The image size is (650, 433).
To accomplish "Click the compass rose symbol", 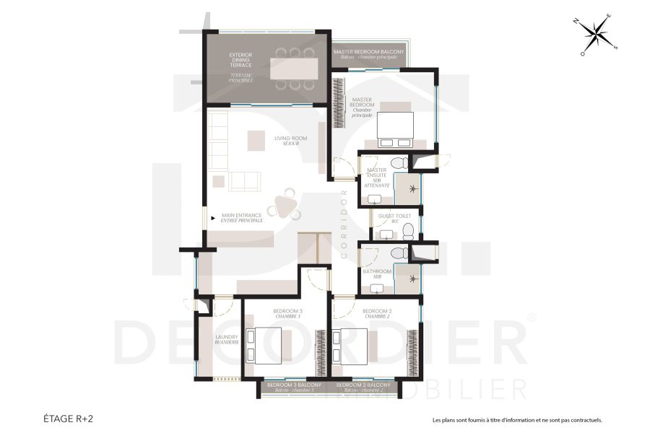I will pos(598,35).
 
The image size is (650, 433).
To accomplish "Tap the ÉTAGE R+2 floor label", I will pos(69,418).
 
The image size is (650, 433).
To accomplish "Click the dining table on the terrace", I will pos(293,69).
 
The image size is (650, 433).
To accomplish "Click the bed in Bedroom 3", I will pos(263,345).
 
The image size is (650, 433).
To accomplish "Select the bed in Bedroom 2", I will pos(351,345).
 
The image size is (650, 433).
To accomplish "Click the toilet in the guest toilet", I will pos(408,231).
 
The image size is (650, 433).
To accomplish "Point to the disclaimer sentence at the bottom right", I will pos(516,419).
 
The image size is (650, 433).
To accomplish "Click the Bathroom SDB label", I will pos(377,274).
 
